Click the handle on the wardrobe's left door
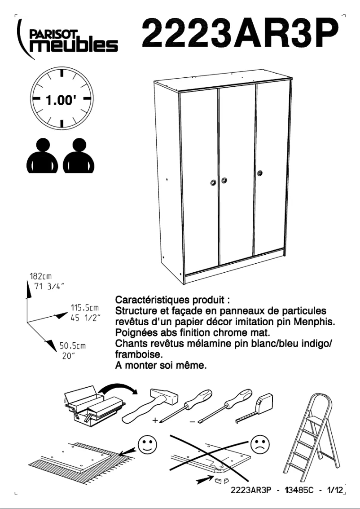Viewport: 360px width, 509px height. pos(213,182)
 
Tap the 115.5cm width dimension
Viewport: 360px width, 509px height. pos(85,308)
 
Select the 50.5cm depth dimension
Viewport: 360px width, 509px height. pos(73,346)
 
